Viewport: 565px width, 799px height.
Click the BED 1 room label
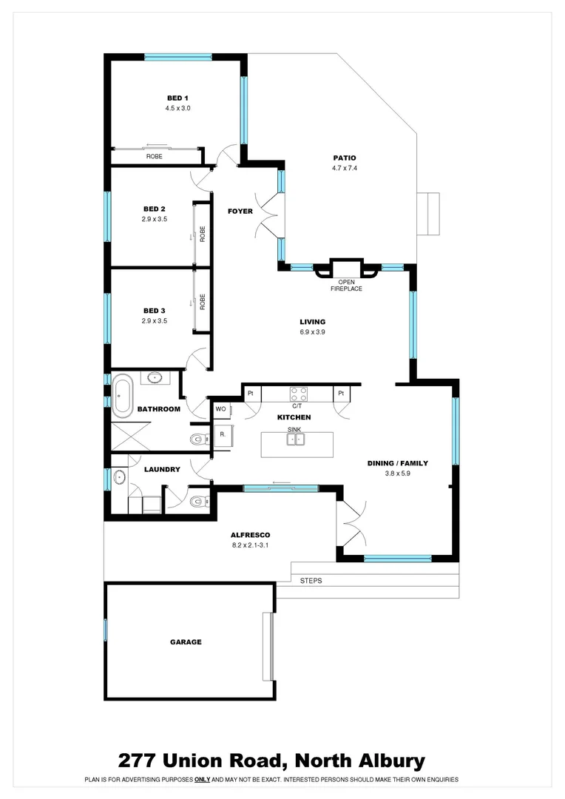pos(177,98)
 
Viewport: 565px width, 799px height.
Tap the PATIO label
pos(344,158)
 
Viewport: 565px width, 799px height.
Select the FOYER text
pos(240,212)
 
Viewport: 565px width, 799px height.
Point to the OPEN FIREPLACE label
pos(346,285)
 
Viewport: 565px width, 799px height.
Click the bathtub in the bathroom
pos(123,394)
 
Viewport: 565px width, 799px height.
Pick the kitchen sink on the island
pos(296,439)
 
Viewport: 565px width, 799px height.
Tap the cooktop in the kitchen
pos(298,394)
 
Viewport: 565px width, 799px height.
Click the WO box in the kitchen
pos(220,408)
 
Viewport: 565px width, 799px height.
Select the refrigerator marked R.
pos(223,434)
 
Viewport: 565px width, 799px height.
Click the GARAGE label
pos(186,642)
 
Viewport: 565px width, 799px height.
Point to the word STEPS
pos(311,581)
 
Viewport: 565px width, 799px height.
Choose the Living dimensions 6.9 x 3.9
pos(312,332)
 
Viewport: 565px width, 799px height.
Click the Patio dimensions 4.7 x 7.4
pos(344,169)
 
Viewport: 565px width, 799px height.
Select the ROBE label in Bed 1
pos(154,157)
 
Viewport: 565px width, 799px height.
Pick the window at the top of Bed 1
pos(177,57)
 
